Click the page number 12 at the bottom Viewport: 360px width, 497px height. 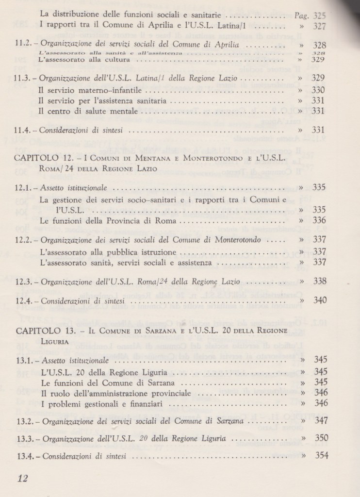[x=22, y=478]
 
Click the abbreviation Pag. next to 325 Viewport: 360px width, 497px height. [x=303, y=15]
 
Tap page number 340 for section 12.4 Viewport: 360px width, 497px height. [x=320, y=300]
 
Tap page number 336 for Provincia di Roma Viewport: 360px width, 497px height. [x=320, y=221]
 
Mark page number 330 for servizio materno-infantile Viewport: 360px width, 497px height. [x=319, y=90]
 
